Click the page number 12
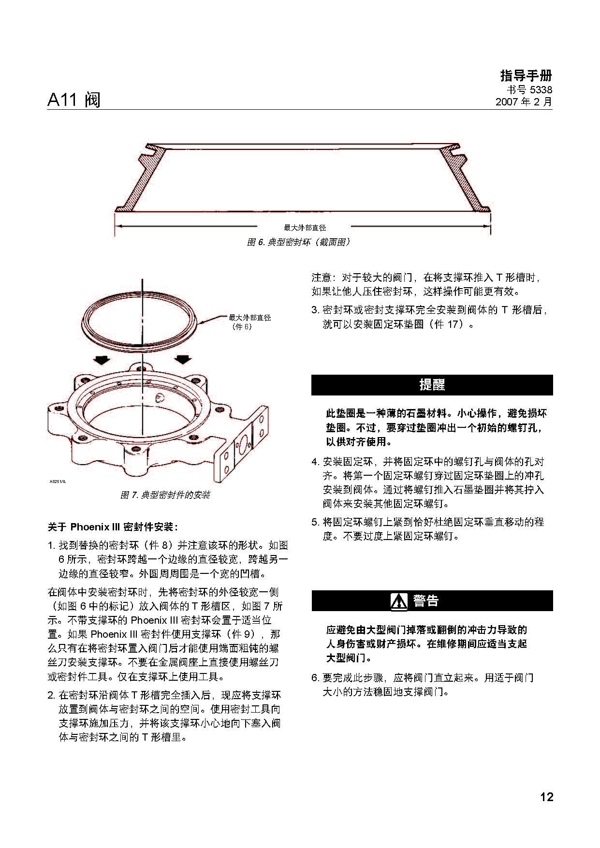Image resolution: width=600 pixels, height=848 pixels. point(546,797)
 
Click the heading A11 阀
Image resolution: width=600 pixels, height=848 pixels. point(73,100)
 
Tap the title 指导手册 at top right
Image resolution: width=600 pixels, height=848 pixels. point(526,76)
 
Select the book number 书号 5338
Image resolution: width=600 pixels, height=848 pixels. point(529,90)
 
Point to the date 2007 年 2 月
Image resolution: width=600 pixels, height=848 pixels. point(524,102)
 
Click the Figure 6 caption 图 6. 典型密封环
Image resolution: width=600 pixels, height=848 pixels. point(298,242)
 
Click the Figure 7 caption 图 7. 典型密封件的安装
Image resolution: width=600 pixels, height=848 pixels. point(165,495)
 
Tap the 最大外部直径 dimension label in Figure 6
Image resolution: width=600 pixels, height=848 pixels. point(305,227)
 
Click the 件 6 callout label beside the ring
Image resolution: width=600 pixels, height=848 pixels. point(242,327)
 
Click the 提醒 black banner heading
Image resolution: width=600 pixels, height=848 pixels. point(432,385)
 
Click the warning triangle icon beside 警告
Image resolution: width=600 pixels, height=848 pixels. point(399,601)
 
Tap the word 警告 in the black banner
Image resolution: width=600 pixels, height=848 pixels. point(425,601)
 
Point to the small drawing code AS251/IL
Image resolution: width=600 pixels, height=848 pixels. point(58,482)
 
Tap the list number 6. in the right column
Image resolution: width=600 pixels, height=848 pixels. point(315,678)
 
